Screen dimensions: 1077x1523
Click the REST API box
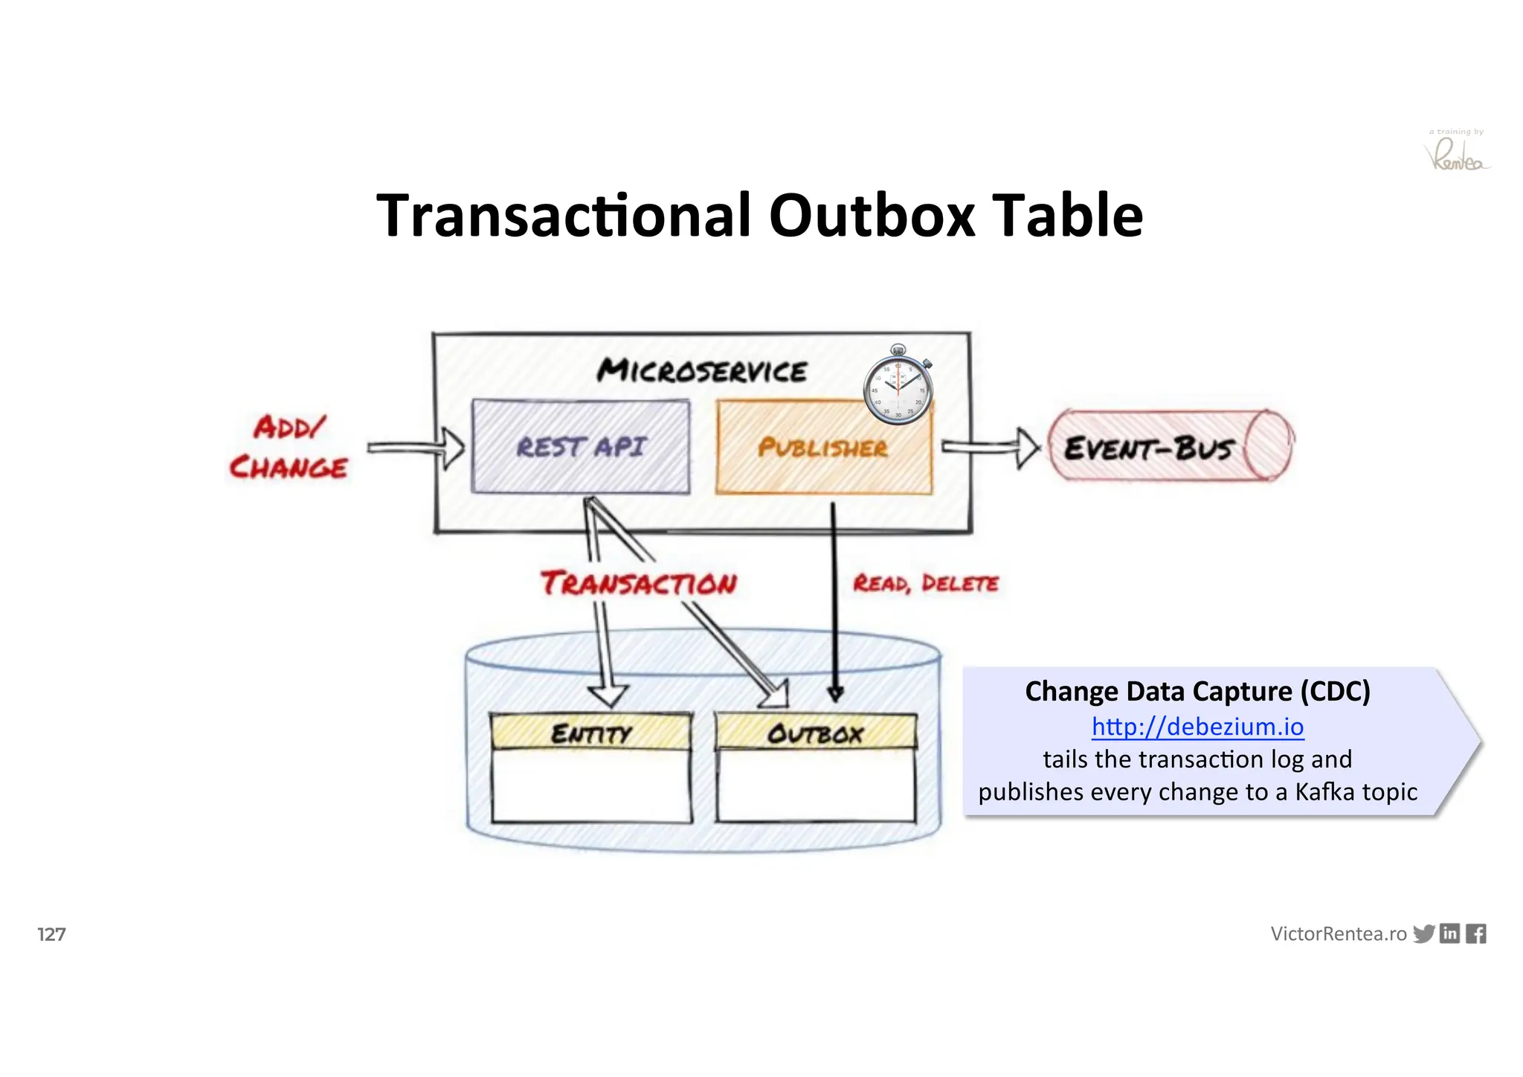click(x=581, y=447)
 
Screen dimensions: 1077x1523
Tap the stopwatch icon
click(x=898, y=385)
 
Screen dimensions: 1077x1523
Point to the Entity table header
click(x=591, y=733)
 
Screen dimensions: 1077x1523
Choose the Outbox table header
click(x=816, y=733)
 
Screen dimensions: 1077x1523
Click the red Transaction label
click(x=639, y=584)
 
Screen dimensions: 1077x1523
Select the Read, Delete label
click(x=925, y=584)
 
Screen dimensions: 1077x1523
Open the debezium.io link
click(x=1197, y=727)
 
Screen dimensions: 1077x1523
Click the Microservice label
click(x=701, y=370)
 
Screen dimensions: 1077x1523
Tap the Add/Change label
click(x=289, y=448)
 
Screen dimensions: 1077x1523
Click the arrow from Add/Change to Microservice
click(x=416, y=447)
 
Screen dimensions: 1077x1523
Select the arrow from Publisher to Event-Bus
click(x=990, y=447)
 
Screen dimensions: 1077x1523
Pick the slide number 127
click(x=51, y=934)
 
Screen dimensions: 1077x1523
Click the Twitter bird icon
click(x=1423, y=934)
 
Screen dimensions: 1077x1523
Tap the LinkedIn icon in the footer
click(x=1449, y=933)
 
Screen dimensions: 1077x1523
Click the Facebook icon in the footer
click(x=1475, y=934)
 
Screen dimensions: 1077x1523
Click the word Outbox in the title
click(x=871, y=216)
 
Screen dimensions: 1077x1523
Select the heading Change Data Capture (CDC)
click(x=1197, y=691)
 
